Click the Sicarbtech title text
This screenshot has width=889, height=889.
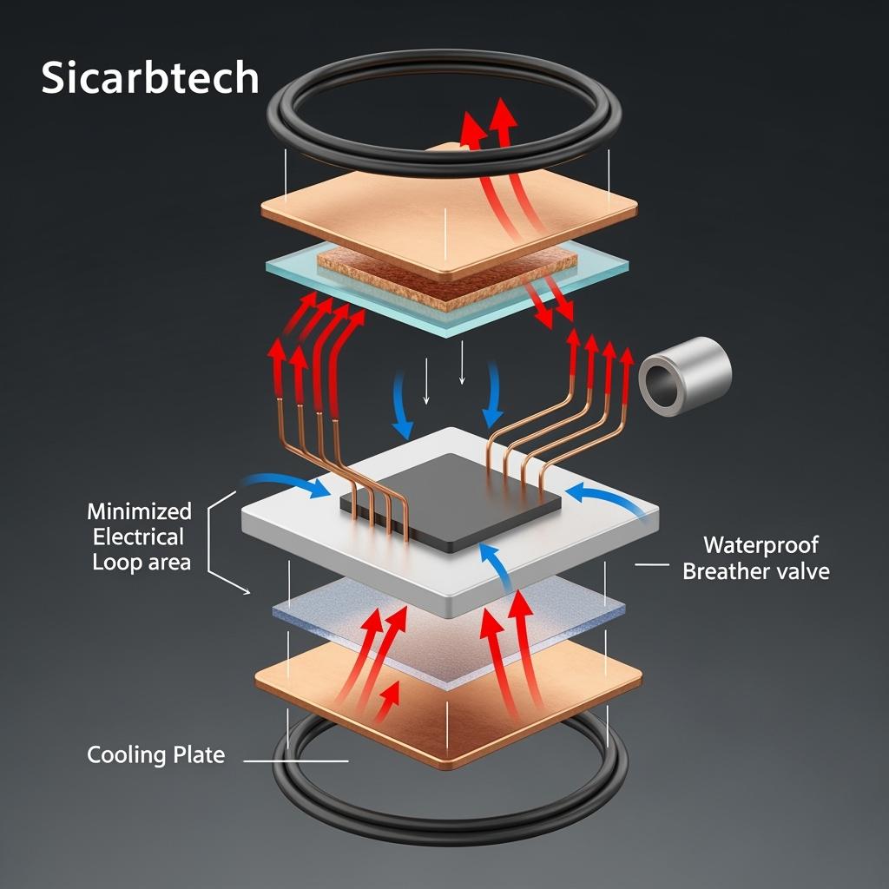[x=149, y=78]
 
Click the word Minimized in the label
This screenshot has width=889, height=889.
[x=139, y=510]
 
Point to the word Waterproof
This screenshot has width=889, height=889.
[x=761, y=545]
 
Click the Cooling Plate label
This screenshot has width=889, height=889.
[x=155, y=754]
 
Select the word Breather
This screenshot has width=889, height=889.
[x=725, y=571]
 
